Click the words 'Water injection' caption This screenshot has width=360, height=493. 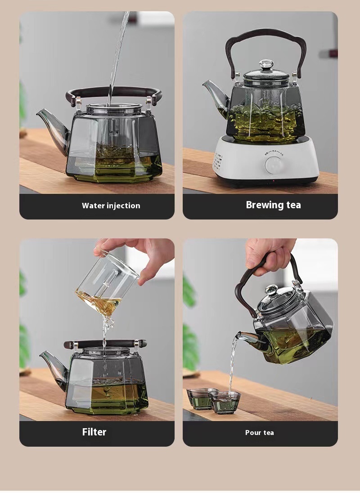(111, 206)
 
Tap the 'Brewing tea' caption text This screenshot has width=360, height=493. (273, 205)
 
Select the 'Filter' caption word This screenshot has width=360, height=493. (94, 432)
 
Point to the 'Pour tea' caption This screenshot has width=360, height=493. (259, 433)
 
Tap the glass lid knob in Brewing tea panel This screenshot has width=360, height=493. (266, 65)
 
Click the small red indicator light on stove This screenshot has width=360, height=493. (274, 181)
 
